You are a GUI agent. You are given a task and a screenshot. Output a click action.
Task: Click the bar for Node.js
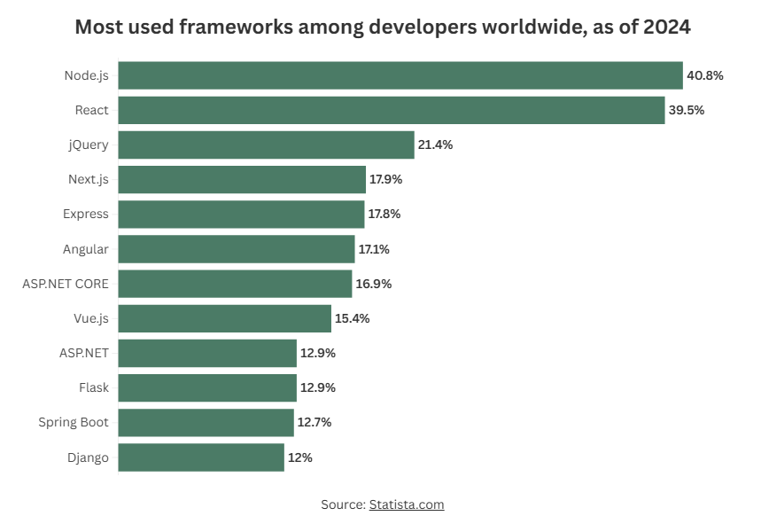(x=400, y=75)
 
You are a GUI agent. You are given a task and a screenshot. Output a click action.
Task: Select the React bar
(x=391, y=110)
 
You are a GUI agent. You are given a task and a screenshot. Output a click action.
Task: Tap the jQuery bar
(x=266, y=145)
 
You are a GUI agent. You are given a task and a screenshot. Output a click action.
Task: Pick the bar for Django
(x=201, y=457)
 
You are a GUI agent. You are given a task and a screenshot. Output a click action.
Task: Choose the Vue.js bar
(x=225, y=318)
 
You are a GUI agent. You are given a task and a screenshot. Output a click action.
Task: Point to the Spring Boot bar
(x=206, y=423)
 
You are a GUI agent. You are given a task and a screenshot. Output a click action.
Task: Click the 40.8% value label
(x=705, y=75)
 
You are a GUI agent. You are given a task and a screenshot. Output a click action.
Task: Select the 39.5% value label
(x=687, y=110)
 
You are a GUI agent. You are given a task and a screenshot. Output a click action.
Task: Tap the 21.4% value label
(x=435, y=145)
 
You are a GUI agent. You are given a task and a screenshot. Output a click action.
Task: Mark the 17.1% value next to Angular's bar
(x=374, y=249)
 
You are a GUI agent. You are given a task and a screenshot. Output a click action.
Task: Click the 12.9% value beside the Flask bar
(x=318, y=387)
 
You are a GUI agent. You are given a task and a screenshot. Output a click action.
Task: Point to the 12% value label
(x=299, y=457)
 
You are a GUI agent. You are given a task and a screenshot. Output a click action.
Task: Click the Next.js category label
(x=89, y=179)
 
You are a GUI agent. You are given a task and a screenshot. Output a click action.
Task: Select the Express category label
(x=86, y=214)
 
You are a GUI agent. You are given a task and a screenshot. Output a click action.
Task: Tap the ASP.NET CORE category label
(x=66, y=284)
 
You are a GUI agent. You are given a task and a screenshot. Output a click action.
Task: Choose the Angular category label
(x=86, y=249)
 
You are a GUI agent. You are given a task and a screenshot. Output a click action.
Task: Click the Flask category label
(x=94, y=387)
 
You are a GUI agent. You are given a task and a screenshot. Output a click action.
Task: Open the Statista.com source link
(x=406, y=504)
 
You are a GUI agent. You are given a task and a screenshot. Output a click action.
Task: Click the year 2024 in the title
(x=664, y=27)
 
